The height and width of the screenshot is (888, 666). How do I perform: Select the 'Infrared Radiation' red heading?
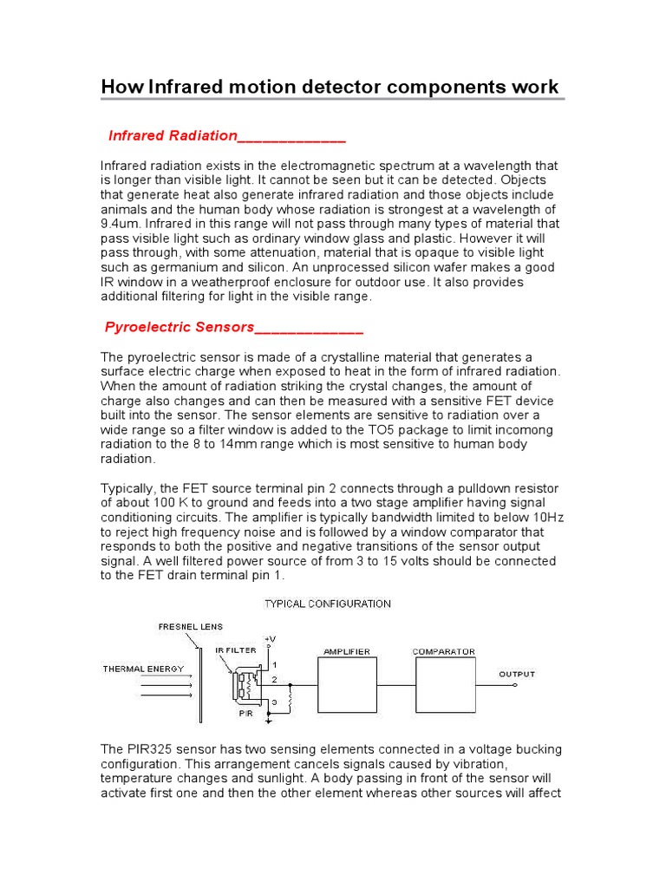173,136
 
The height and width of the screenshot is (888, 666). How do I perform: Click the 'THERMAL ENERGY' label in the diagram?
139,669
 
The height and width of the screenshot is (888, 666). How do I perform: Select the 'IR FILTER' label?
235,650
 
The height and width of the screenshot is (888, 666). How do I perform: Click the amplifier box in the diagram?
347,685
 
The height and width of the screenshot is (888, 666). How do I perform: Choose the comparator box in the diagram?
443,685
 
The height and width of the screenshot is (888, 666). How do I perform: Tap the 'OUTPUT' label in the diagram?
517,674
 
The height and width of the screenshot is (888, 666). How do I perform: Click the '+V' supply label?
271,638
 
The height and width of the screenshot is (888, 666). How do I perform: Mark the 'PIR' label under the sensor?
245,715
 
